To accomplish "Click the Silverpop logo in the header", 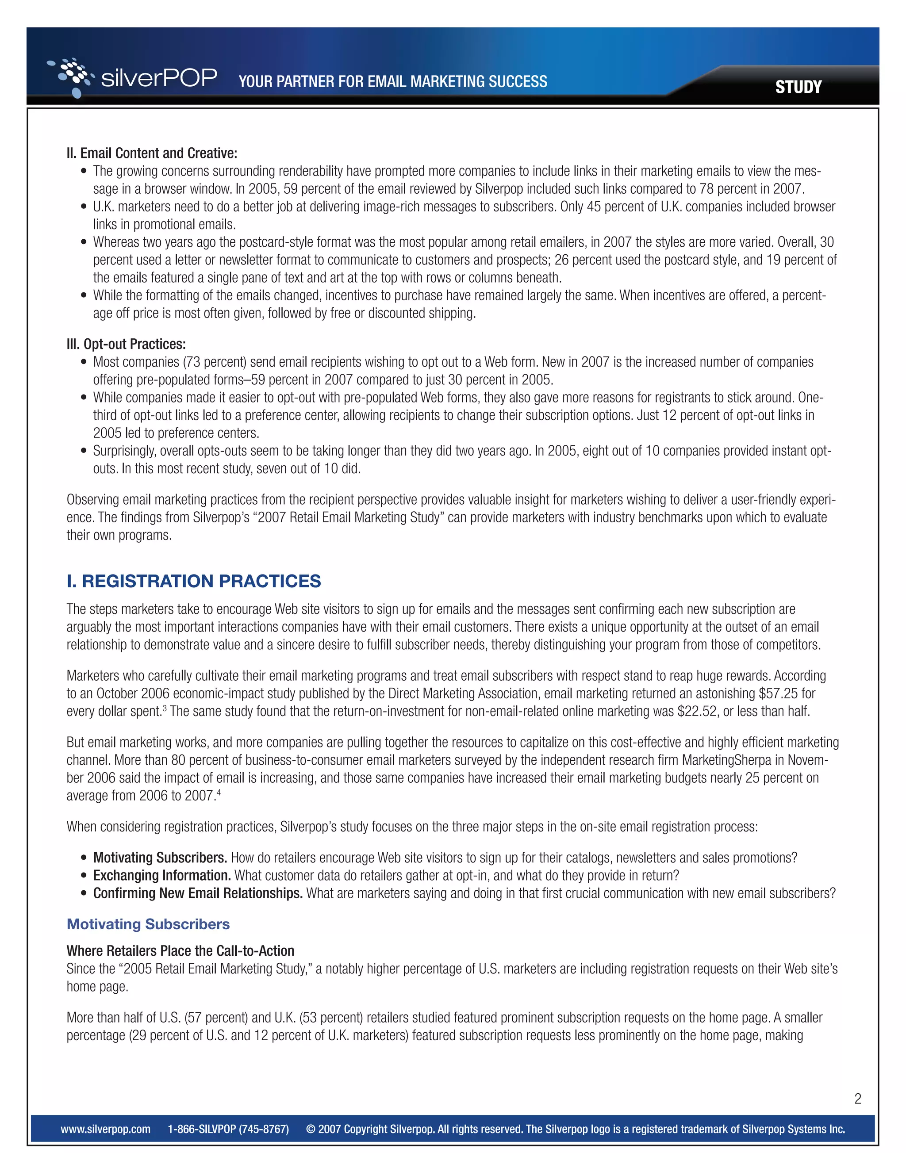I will (132, 78).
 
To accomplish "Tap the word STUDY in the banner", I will (798, 87).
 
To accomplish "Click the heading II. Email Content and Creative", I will (151, 153).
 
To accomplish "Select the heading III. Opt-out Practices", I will (126, 344).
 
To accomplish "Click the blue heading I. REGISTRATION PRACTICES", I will (193, 581).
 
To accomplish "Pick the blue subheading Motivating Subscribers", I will (148, 924).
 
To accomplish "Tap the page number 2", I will (858, 1099).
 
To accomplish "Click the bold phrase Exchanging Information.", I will (161, 875).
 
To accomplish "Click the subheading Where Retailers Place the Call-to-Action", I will (180, 951).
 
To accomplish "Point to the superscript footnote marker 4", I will (219, 792).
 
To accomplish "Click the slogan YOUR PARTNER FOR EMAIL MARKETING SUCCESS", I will (392, 81).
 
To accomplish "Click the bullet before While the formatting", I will (83, 296).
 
